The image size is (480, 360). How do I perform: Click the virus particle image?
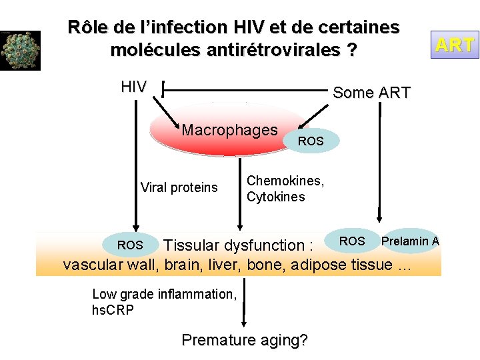pos(20,50)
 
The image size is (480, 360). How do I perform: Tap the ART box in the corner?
pos(455,45)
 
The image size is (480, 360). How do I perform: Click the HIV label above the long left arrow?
pos(134,87)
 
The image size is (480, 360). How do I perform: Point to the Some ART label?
pos(371,93)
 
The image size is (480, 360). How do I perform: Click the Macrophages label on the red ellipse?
pos(229,130)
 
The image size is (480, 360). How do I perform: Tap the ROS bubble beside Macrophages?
pos(311,141)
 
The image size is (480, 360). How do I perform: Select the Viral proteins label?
pos(179,187)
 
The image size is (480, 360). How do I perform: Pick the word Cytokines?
pos(275,197)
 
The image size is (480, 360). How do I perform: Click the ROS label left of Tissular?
pos(130,245)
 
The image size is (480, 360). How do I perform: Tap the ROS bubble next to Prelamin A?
pos(352,241)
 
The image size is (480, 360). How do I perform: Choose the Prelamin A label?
pos(409,241)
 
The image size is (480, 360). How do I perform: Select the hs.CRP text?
pos(113,310)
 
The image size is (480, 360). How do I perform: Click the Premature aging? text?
pos(244,340)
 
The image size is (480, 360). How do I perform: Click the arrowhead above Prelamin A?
pos(380,218)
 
